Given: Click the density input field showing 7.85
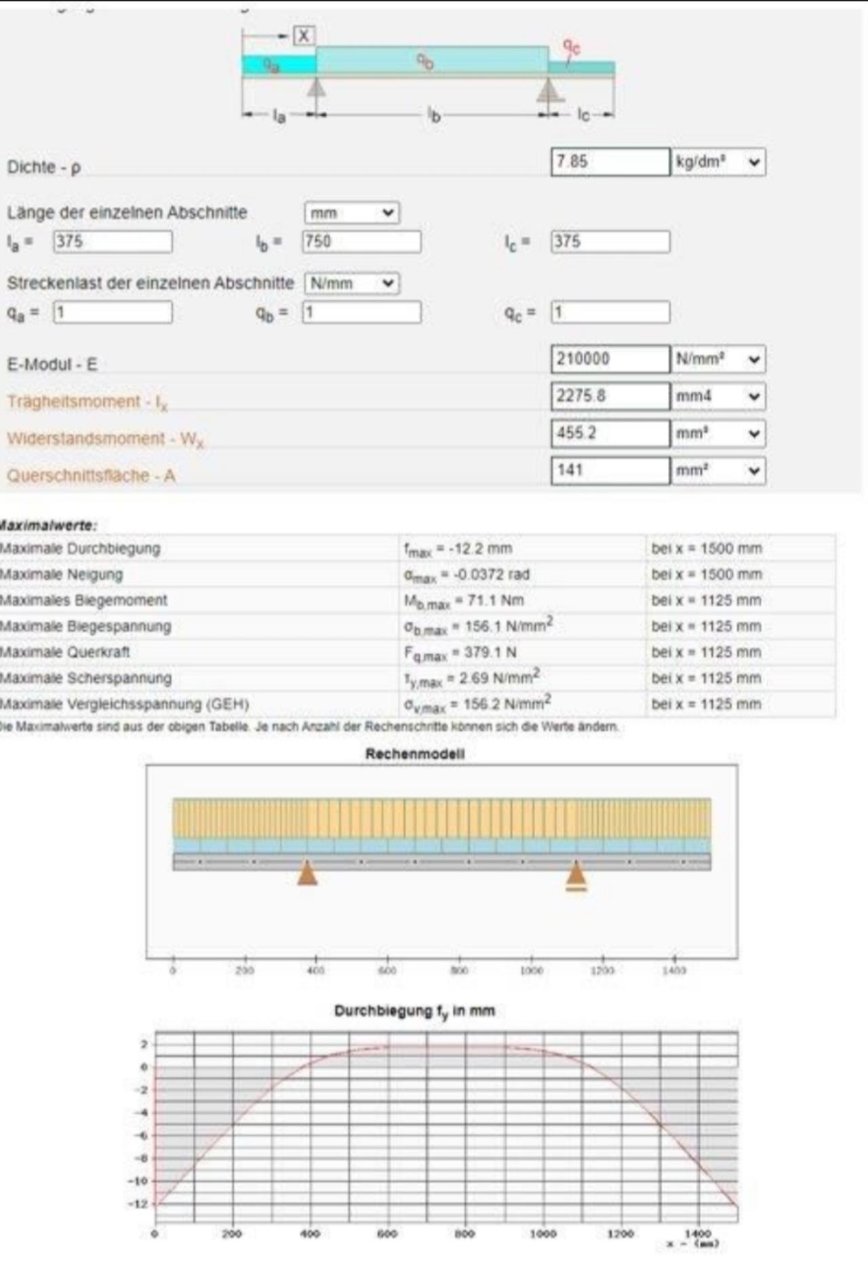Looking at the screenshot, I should pyautogui.click(x=610, y=162).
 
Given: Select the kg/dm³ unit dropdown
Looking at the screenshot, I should pyautogui.click(x=718, y=162).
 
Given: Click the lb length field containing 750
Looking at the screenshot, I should pyautogui.click(x=361, y=242).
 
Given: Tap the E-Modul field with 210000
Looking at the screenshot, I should pyautogui.click(x=610, y=359).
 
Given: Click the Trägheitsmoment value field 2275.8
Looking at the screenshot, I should pyautogui.click(x=610, y=397).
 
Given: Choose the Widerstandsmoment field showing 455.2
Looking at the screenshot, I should pyautogui.click(x=610, y=433).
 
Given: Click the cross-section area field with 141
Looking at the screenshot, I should pyautogui.click(x=610, y=470).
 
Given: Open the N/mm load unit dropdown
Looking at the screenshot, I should pyautogui.click(x=351, y=283).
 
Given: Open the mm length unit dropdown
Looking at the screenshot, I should pyautogui.click(x=351, y=213).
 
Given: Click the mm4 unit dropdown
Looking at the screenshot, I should pyautogui.click(x=718, y=397).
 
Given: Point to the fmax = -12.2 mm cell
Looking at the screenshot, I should pyautogui.click(x=458, y=549).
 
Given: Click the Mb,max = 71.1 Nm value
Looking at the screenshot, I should pyautogui.click(x=464, y=601).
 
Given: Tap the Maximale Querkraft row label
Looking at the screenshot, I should pyautogui.click(x=65, y=652).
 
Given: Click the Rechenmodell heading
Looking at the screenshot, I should pyautogui.click(x=415, y=754).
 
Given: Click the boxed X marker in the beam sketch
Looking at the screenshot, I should pyautogui.click(x=304, y=36).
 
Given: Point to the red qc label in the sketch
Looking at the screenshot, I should pyautogui.click(x=572, y=47).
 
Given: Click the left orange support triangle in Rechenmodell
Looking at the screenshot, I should pyautogui.click(x=307, y=873).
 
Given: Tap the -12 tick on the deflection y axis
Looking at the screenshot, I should pyautogui.click(x=139, y=1204).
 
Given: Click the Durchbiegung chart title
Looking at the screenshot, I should pyautogui.click(x=414, y=1011).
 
